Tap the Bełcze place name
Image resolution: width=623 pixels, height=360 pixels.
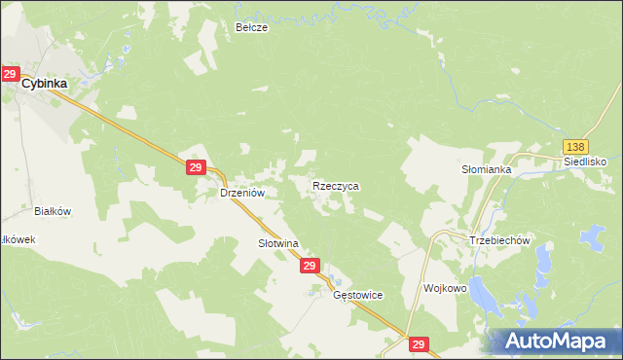(x=251, y=28)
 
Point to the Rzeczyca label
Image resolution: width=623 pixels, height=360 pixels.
(x=336, y=185)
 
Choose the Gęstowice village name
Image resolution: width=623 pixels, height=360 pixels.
(x=358, y=295)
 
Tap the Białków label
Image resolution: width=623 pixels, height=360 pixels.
(x=54, y=210)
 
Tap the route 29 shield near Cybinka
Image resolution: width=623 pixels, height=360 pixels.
(x=10, y=74)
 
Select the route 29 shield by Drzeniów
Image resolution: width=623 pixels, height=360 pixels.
(x=195, y=168)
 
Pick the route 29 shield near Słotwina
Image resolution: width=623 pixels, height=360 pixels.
(x=310, y=265)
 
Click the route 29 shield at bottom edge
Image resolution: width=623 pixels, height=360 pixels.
(x=419, y=344)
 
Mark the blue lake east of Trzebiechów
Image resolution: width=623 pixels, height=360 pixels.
(x=590, y=238)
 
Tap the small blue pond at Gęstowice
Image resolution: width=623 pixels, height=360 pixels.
(x=314, y=290)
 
